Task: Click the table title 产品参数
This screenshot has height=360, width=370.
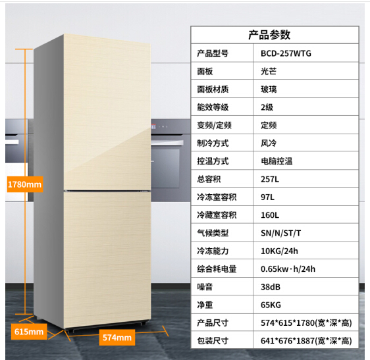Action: [269, 35]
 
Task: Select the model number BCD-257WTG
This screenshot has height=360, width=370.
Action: [286, 53]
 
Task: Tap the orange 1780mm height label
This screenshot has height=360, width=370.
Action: [25, 184]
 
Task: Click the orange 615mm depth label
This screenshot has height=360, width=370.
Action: [29, 332]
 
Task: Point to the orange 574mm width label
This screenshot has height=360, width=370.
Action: [117, 338]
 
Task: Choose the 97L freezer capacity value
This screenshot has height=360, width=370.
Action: [267, 197]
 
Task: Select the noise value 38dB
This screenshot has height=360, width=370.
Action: [271, 287]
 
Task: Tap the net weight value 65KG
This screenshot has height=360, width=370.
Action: [271, 305]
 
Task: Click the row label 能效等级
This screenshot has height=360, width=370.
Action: [213, 107]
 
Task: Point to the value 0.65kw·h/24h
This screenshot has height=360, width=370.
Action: [288, 269]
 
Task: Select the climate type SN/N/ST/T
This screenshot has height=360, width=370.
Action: [281, 233]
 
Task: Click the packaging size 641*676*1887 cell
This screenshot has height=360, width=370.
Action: [306, 341]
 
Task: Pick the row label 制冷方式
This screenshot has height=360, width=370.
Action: [213, 143]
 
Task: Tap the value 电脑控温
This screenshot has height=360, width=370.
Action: [277, 161]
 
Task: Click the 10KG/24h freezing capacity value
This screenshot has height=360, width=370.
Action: [279, 251]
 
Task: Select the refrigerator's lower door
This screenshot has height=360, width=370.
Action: [107, 259]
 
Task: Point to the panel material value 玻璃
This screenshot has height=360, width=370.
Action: [269, 90]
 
